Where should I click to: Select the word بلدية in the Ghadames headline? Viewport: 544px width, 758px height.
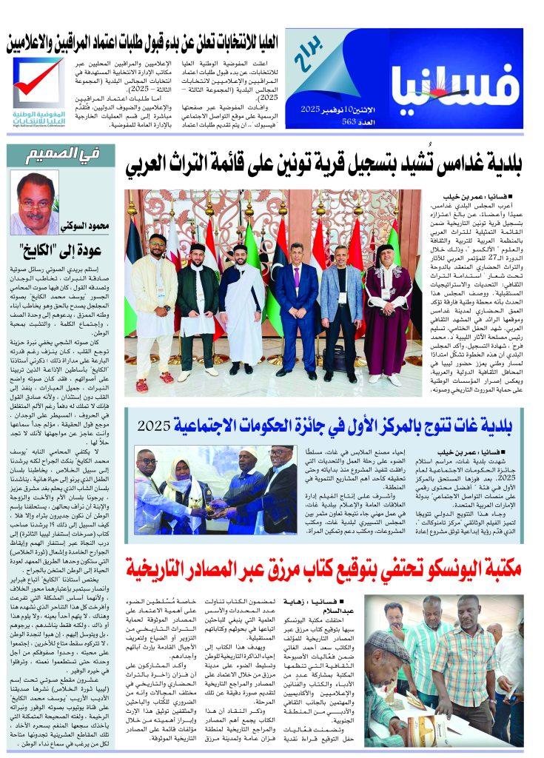pos(504,166)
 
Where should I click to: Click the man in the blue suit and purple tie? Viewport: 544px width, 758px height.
pos(296,303)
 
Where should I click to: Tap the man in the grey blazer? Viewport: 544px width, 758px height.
pos(340,303)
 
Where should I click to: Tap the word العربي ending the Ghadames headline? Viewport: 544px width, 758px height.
pos(152,166)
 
